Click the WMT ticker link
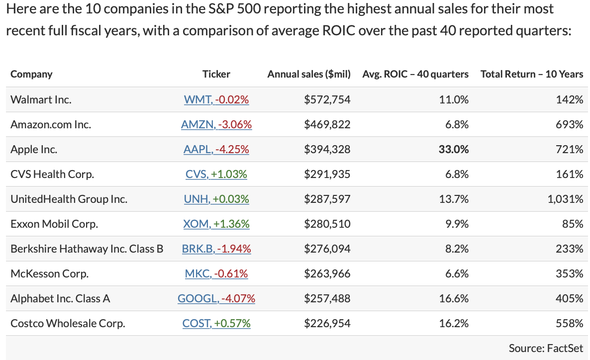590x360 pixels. click(216, 99)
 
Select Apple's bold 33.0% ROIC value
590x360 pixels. click(454, 149)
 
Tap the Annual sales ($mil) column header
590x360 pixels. click(309, 74)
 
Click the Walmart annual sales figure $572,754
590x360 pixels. click(327, 99)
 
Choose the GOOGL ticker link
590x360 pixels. click(216, 298)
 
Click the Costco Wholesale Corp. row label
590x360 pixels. click(68, 323)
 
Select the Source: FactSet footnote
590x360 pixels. click(546, 348)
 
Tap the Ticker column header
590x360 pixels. click(216, 74)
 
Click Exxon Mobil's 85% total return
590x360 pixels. click(573, 224)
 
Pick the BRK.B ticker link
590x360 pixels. click(216, 249)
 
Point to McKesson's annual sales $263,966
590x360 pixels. click(327, 273)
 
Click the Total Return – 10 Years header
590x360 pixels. click(532, 74)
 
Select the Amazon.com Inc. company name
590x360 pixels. click(51, 124)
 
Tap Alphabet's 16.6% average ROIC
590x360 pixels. click(454, 298)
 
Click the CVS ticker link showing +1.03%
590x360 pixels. click(216, 174)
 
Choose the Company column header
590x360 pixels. click(31, 74)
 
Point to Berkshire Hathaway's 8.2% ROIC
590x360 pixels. click(457, 249)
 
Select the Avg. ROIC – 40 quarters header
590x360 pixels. click(415, 74)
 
